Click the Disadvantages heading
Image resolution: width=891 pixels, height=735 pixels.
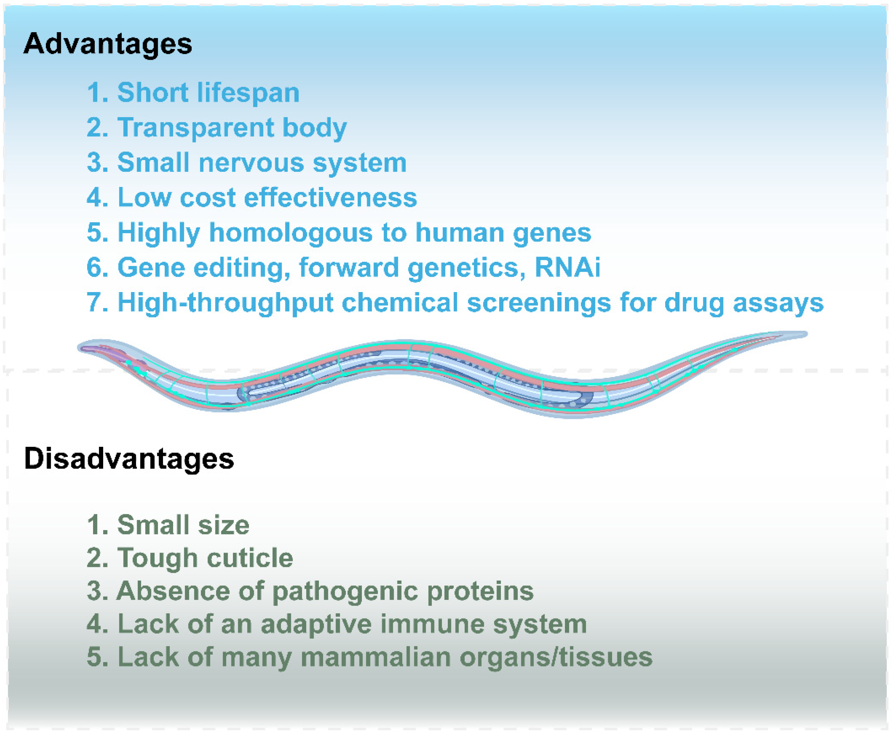[x=129, y=459]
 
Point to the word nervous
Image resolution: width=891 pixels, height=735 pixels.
[x=251, y=163]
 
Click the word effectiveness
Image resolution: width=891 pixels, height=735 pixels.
[x=331, y=197]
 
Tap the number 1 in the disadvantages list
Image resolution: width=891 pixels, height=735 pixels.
[x=94, y=525]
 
